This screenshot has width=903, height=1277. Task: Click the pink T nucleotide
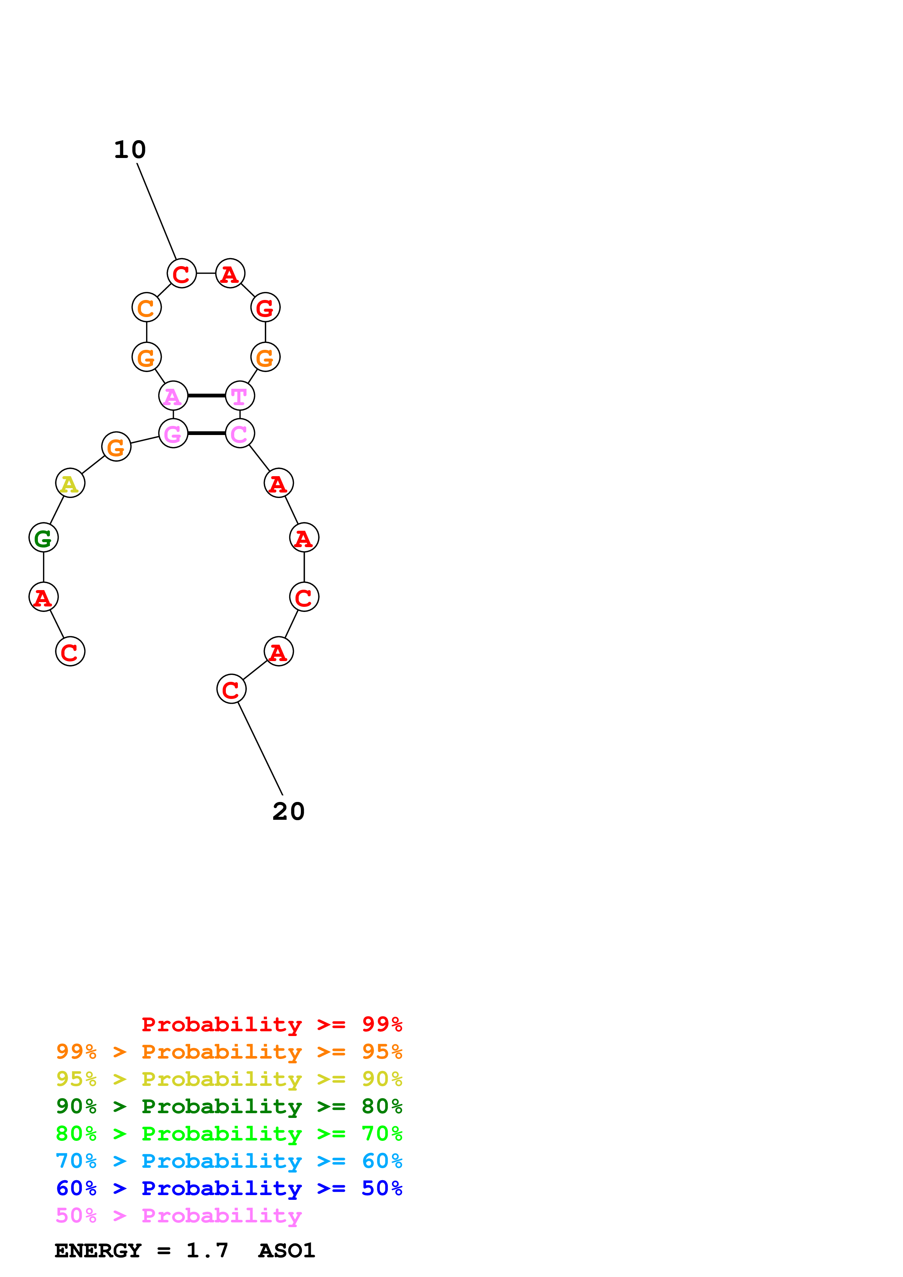[x=240, y=396]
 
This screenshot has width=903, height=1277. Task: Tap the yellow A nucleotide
[x=70, y=483]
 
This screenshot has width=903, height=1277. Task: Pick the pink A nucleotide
[x=173, y=396]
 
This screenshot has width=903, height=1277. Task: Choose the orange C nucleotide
[x=146, y=308]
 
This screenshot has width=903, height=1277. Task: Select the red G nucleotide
[x=266, y=308]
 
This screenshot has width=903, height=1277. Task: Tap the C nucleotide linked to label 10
[x=181, y=274]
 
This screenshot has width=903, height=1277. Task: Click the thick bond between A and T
[x=207, y=395]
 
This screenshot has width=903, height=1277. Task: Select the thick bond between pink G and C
[x=207, y=433]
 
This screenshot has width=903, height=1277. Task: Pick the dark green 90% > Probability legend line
[x=229, y=1106]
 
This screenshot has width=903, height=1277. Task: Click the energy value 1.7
[x=207, y=1250]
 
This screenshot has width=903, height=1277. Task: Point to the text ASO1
[x=287, y=1250]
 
